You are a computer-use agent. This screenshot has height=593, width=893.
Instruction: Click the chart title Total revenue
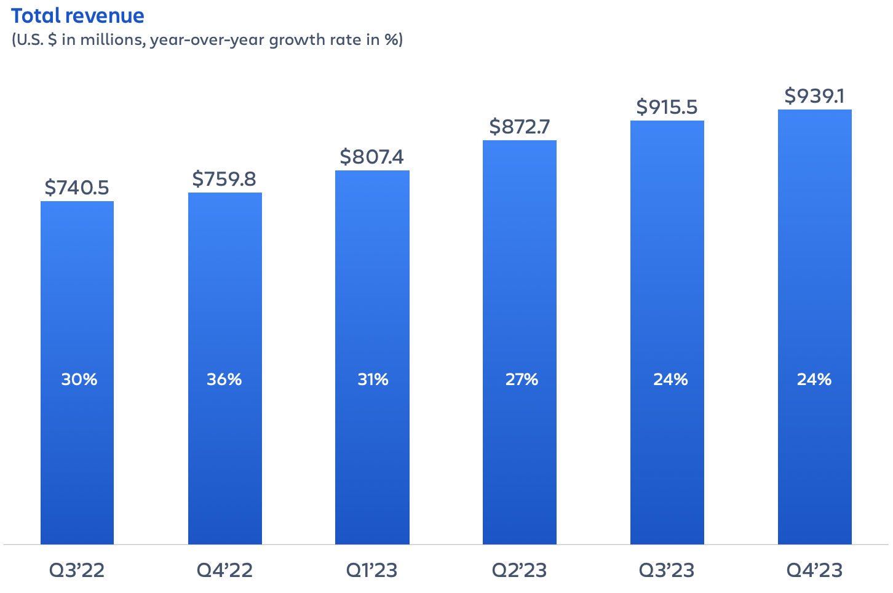77,16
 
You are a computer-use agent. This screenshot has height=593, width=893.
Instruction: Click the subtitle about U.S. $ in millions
207,40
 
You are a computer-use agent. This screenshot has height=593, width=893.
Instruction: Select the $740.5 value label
77,188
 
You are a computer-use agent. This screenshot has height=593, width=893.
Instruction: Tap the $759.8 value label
224,179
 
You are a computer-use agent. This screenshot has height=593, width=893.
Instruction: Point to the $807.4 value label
371,157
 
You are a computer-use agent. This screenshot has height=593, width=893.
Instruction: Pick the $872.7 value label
519,127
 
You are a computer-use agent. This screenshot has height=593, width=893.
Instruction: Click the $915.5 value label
667,107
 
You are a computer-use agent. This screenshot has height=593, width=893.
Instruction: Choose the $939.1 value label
814,96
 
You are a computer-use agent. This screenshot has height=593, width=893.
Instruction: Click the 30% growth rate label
79,380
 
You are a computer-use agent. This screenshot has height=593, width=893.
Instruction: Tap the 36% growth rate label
224,380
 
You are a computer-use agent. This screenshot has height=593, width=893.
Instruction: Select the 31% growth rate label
373,380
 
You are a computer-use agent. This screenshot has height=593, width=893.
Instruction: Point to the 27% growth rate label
522,380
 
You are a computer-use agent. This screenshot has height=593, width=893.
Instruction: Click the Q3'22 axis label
77,570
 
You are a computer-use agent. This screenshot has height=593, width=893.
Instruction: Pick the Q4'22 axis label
224,570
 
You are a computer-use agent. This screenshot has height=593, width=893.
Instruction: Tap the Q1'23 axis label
371,570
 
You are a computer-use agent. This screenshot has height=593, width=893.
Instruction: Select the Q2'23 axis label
519,570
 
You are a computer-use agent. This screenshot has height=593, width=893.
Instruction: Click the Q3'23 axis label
667,570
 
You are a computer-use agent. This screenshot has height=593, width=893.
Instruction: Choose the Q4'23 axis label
814,570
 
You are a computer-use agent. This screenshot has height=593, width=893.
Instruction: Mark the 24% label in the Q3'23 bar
670,380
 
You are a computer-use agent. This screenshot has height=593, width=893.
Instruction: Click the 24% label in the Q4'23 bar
814,380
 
